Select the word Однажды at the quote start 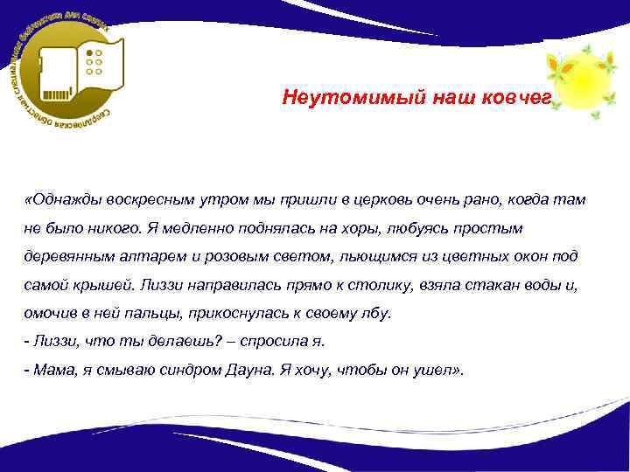tap(64, 199)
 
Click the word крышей tap(103, 284)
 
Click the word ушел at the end tap(437, 369)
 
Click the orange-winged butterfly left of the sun tap(552, 62)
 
